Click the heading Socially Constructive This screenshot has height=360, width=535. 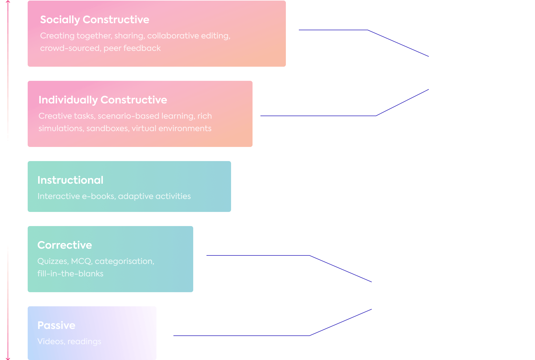click(x=95, y=19)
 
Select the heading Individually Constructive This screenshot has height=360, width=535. click(x=103, y=100)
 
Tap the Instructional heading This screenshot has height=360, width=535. click(x=70, y=180)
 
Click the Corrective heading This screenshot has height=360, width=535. click(x=65, y=245)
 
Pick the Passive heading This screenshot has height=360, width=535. click(x=56, y=325)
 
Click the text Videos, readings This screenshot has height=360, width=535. click(x=69, y=341)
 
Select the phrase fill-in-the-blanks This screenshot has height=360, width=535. click(x=70, y=274)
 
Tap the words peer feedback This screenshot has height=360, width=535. click(x=132, y=48)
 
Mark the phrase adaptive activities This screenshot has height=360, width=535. click(x=154, y=196)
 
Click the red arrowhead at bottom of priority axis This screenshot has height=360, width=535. click(x=8, y=358)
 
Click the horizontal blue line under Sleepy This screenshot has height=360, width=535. click(x=240, y=336)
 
